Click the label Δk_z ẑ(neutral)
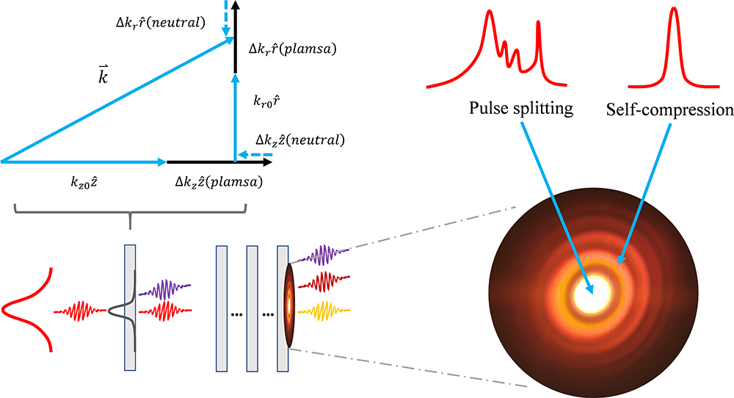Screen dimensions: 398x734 [299, 138]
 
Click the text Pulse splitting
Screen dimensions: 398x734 [520, 110]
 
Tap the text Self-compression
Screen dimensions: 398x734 [669, 110]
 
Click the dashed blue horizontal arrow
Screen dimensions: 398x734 [249, 156]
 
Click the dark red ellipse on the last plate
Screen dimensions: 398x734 [291, 303]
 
